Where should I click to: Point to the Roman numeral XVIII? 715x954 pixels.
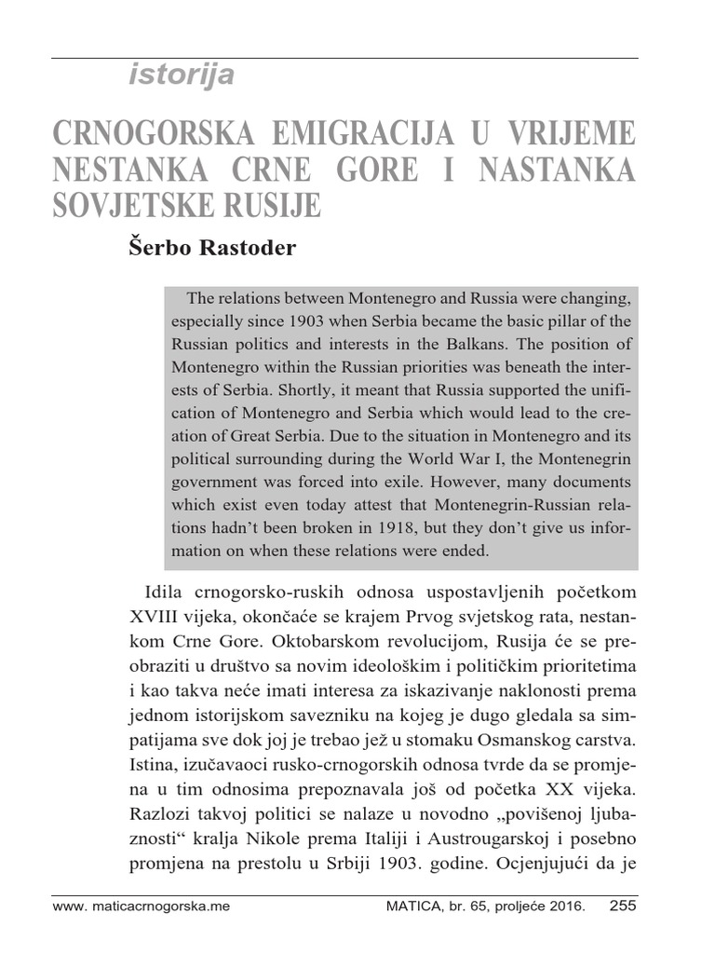(x=156, y=618)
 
